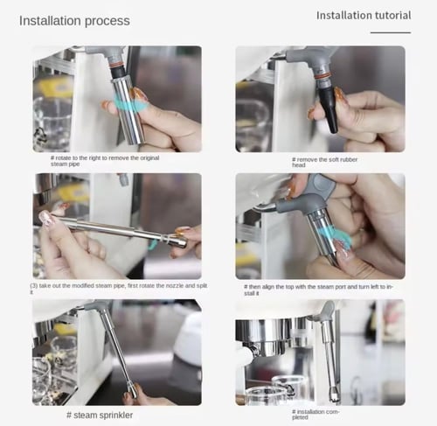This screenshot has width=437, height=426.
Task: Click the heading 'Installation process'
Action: [x=74, y=21]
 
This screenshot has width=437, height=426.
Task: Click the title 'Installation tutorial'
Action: [x=364, y=16]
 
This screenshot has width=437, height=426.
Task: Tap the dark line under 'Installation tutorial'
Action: [x=391, y=32]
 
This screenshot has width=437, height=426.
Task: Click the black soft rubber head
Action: [x=329, y=107]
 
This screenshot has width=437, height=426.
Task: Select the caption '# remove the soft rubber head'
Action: [x=324, y=162]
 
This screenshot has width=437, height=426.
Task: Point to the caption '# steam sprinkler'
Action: [x=100, y=415]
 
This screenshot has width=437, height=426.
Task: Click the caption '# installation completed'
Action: [x=316, y=415]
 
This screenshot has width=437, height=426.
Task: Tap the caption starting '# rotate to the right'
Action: [x=105, y=161]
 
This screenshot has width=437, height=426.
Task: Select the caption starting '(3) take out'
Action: [x=119, y=288]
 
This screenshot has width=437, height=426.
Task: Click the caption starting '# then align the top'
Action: [x=318, y=290]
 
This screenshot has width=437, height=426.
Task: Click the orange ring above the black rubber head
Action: [x=323, y=76]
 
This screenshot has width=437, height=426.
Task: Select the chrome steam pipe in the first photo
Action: [x=128, y=111]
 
